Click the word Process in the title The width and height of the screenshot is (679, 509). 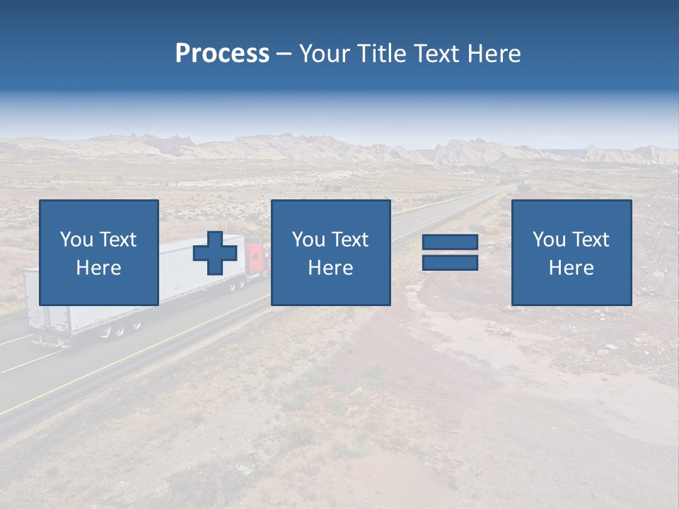point(222,54)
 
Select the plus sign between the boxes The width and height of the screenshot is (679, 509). point(216,253)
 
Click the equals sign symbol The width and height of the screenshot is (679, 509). point(450,252)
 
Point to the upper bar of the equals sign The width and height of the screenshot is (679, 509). point(450,242)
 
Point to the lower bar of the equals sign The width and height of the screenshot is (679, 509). point(450,262)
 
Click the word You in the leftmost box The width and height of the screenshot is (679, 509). point(76,240)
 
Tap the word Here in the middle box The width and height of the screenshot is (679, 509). point(331,268)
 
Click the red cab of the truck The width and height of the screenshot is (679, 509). point(257,260)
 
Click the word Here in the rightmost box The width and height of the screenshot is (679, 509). point(571,268)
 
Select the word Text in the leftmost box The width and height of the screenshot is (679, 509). point(117,240)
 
